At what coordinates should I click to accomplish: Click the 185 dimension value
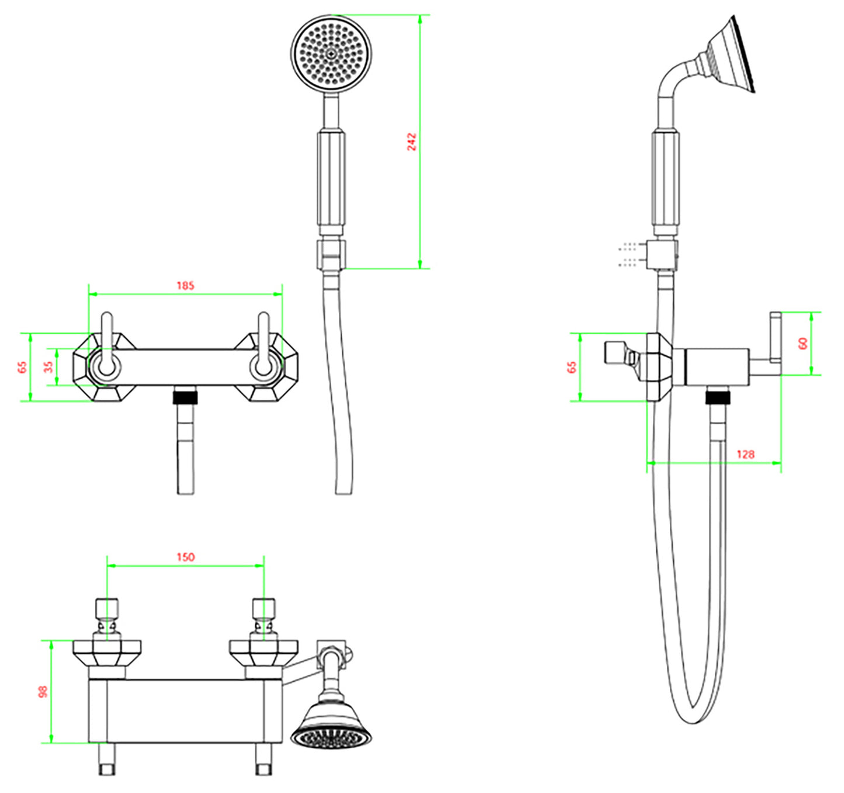tap(185, 286)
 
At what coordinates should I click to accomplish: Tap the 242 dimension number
tap(412, 141)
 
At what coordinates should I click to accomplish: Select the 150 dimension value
tap(185, 557)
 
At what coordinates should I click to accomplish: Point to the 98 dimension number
tap(43, 692)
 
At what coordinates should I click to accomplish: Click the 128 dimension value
tap(745, 454)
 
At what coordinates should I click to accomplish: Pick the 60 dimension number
tap(803, 344)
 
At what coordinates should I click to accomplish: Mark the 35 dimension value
tap(48, 367)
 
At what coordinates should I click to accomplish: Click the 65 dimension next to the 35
tap(22, 367)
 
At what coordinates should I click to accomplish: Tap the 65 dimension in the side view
tap(572, 367)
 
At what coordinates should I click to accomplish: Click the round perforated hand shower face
tap(331, 53)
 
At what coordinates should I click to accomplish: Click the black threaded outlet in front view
tap(185, 397)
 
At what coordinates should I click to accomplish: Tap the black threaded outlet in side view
tap(718, 397)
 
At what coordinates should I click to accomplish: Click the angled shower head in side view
tap(730, 56)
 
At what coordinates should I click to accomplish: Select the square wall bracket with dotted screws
tap(662, 254)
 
